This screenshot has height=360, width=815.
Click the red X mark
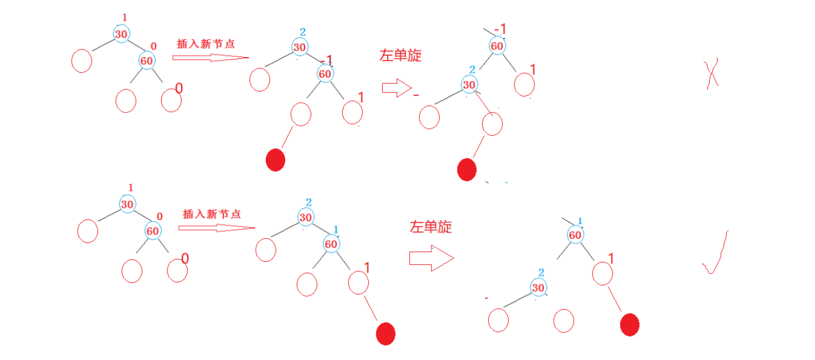tap(712, 74)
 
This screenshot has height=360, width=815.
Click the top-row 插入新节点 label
tap(206, 44)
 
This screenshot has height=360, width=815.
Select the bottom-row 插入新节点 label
tap(212, 214)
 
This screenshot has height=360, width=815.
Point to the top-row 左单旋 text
tap(400, 56)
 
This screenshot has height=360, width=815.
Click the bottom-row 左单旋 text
tap(430, 227)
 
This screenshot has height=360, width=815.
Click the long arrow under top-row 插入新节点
tap(210, 58)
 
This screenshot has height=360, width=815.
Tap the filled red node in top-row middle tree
tap(275, 160)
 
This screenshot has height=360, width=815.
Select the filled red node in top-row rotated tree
tap(466, 169)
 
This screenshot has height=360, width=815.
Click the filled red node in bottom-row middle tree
tap(386, 334)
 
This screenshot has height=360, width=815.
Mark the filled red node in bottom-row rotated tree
tap(630, 325)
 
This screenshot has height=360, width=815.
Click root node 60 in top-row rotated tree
tap(497, 46)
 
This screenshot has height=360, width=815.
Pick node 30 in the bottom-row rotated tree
tap(538, 288)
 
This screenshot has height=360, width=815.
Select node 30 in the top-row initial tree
tap(122, 34)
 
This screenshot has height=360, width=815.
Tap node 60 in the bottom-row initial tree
tap(153, 231)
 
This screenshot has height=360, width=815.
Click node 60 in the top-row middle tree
tap(325, 74)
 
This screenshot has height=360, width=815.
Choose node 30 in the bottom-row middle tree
tap(305, 218)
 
